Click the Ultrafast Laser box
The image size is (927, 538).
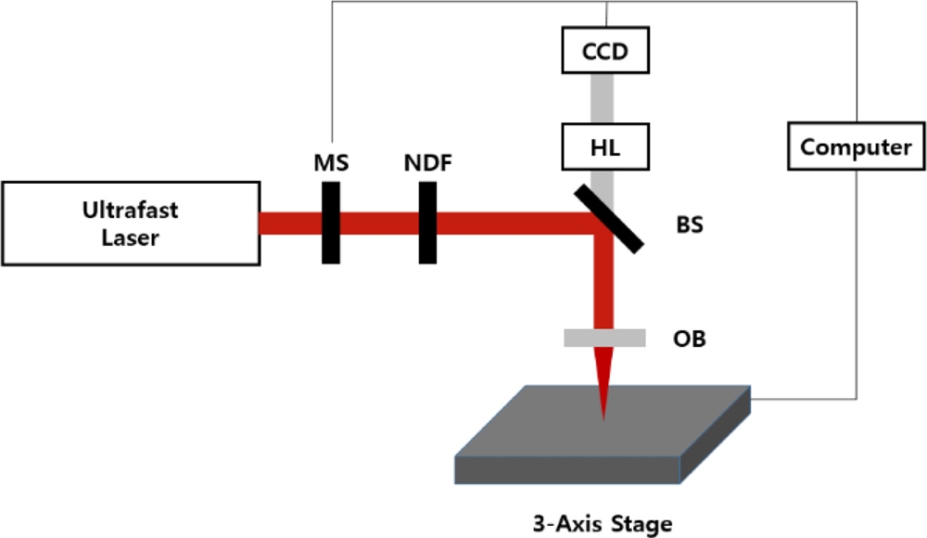[x=130, y=223]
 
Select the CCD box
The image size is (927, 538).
[x=604, y=52]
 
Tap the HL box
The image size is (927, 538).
[x=604, y=147]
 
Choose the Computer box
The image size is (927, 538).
[x=856, y=147]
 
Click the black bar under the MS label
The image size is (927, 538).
[x=331, y=223]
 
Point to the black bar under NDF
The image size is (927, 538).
[x=427, y=223]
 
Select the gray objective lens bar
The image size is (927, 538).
[x=604, y=338]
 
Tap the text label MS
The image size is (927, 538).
[x=331, y=164]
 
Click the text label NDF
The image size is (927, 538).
[x=427, y=164]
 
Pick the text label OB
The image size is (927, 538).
[x=689, y=339]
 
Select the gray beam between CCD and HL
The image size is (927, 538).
[x=604, y=98]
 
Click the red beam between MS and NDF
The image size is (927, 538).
[x=379, y=223]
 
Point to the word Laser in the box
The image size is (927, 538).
[x=130, y=237]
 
